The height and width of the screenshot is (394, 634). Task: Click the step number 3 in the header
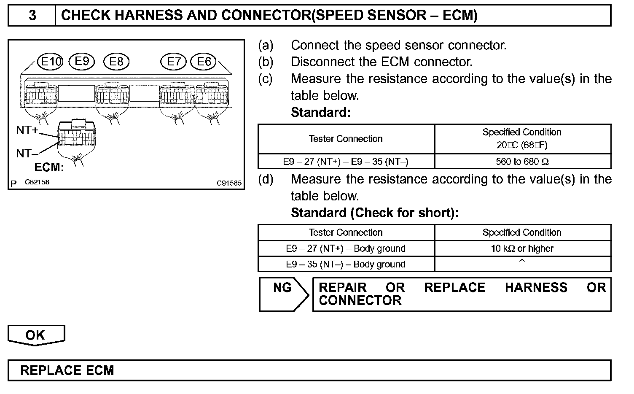(32, 16)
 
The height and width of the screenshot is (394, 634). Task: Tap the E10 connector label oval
(50, 62)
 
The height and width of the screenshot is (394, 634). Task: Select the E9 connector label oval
(82, 62)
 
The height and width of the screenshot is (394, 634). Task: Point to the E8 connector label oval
(116, 62)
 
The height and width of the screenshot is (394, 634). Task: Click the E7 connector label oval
(173, 62)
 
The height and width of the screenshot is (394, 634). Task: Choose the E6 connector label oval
(204, 62)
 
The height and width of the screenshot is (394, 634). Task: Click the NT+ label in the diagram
(27, 130)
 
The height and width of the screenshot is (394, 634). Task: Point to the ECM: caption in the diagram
(49, 167)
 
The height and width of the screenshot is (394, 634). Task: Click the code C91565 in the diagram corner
(229, 183)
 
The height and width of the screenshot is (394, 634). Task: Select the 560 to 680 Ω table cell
(522, 162)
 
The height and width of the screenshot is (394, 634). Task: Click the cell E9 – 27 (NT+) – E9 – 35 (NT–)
(346, 162)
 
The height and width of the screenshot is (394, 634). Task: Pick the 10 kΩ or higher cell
(522, 248)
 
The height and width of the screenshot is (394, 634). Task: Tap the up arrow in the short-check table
(522, 264)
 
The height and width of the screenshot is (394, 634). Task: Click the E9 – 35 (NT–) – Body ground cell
(346, 264)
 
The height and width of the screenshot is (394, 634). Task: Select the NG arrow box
(283, 294)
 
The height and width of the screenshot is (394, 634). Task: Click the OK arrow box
(36, 335)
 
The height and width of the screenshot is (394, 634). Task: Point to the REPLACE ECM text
(67, 371)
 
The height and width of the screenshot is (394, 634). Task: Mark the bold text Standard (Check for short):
(375, 213)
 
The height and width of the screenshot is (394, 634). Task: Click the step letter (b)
(266, 62)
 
